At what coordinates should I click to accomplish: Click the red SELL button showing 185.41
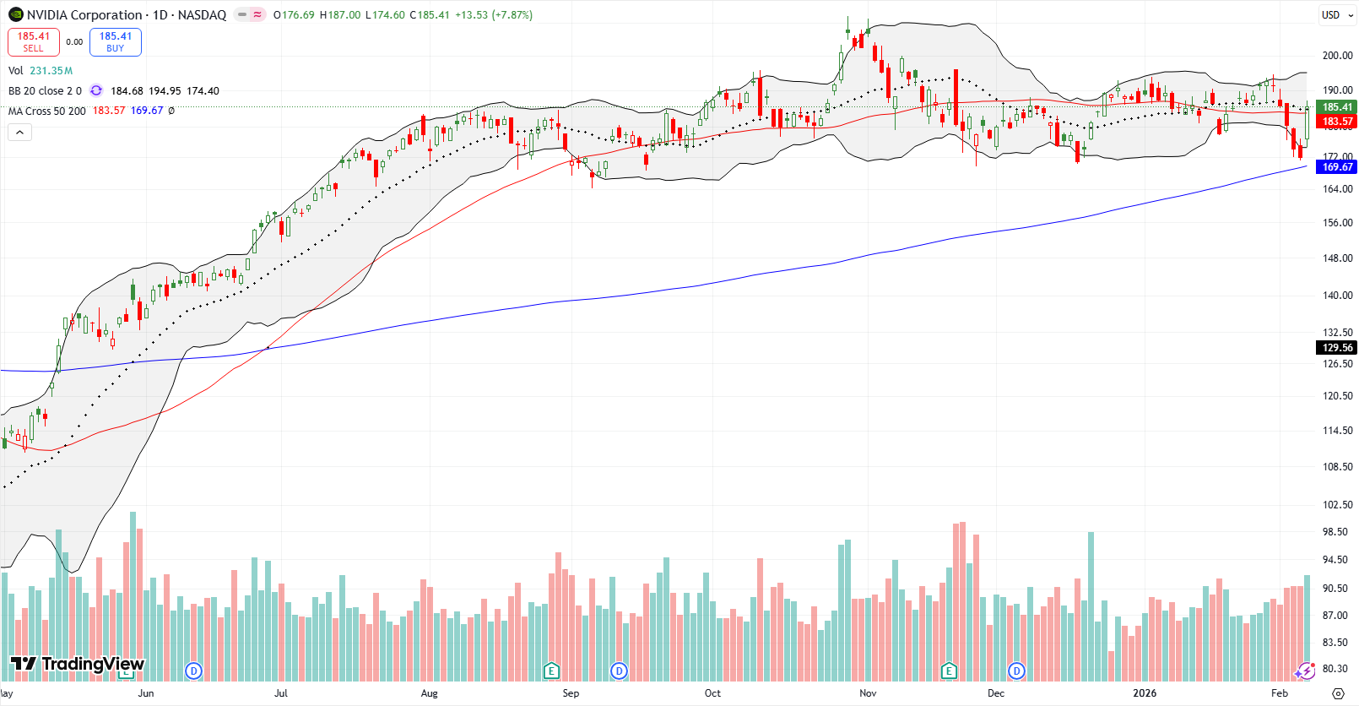click(x=34, y=42)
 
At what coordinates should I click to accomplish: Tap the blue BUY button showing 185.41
click(x=116, y=42)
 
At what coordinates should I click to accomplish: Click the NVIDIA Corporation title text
click(x=84, y=14)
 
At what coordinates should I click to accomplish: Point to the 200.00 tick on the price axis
click(x=1337, y=56)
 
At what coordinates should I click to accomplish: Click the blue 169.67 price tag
click(x=1337, y=167)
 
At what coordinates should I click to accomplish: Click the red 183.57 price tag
click(x=1337, y=122)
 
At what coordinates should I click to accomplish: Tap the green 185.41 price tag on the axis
click(x=1337, y=107)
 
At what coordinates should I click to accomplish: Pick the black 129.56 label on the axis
click(x=1337, y=348)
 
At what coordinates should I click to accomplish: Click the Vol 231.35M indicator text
click(x=41, y=71)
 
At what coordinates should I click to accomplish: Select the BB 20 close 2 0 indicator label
click(x=45, y=91)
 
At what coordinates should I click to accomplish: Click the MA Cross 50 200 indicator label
click(x=47, y=111)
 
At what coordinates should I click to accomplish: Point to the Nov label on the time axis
click(x=868, y=693)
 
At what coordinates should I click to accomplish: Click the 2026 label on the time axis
click(x=1145, y=693)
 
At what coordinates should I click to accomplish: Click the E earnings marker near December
click(x=949, y=671)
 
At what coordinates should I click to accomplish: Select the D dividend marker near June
click(x=194, y=671)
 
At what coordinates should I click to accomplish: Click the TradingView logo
click(x=78, y=664)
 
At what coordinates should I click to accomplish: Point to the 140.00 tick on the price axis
click(x=1337, y=296)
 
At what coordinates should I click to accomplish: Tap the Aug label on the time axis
click(x=429, y=693)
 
